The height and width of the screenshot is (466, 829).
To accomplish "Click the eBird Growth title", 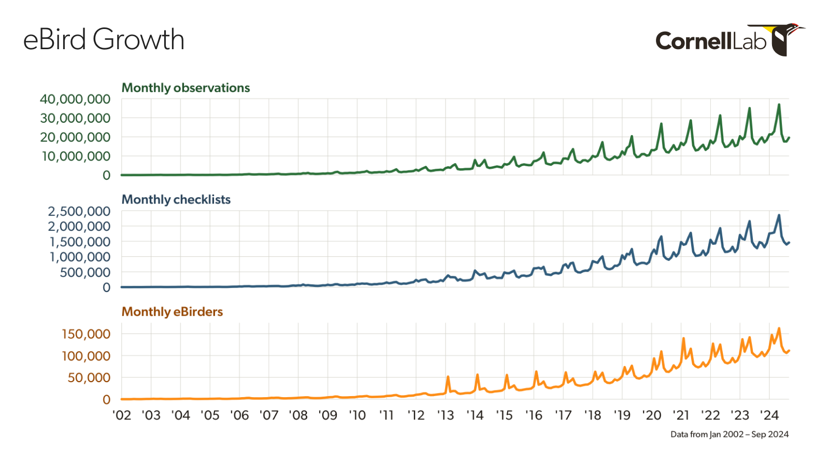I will (104, 39).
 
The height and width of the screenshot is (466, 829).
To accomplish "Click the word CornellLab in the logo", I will (710, 41).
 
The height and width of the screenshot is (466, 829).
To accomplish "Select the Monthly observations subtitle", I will (185, 88).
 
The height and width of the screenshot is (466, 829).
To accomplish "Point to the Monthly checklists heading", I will (176, 200).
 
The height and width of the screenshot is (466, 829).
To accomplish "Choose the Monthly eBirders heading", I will (172, 312).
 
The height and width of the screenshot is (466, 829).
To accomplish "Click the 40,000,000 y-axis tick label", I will (75, 99).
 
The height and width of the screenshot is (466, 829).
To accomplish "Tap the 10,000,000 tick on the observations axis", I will (76, 156).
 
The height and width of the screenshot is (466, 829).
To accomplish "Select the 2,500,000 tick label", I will (79, 211).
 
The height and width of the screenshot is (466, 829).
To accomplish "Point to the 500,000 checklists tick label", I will (85, 272).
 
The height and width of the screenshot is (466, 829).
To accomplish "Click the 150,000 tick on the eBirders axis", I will (86, 334).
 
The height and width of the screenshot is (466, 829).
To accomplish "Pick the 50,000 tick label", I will (89, 377).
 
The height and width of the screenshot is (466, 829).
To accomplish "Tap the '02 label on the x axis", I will (122, 415).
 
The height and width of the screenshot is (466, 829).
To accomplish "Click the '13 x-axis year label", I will (446, 415).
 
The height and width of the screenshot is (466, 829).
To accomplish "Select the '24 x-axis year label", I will (769, 415).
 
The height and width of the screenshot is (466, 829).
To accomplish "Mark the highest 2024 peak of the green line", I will (779, 105).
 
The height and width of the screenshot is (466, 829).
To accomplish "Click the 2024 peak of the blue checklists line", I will (779, 215).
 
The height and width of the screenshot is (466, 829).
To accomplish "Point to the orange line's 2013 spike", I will (448, 377).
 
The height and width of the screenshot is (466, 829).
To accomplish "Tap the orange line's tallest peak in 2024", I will (779, 328).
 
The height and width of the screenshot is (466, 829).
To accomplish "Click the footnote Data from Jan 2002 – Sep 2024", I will (730, 434).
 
